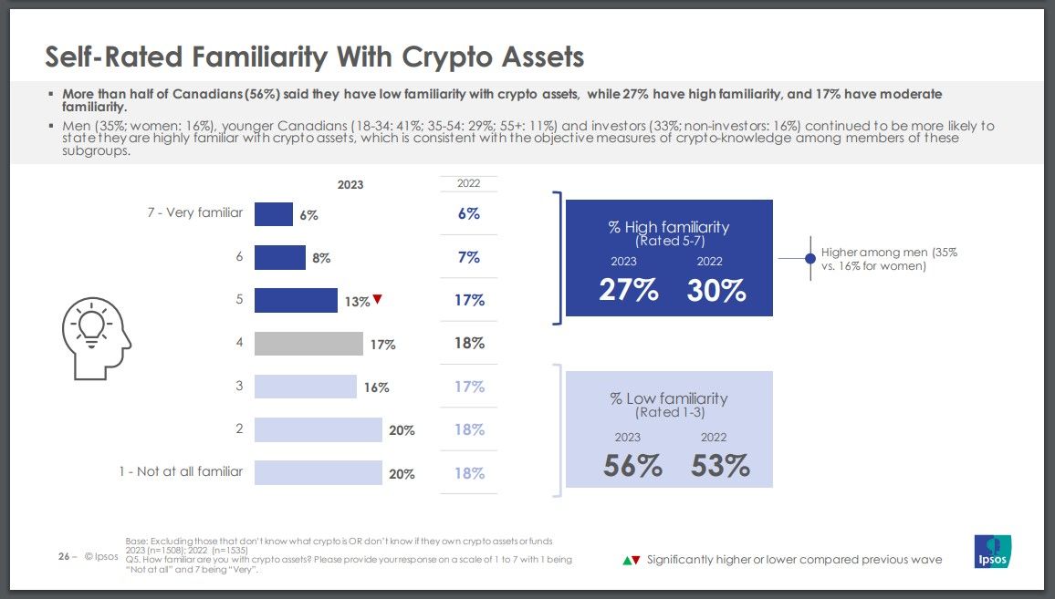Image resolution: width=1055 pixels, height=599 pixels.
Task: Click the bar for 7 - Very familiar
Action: click(273, 213)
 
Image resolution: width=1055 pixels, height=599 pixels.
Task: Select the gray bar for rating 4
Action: click(308, 344)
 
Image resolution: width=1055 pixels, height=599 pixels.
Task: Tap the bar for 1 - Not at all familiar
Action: click(318, 472)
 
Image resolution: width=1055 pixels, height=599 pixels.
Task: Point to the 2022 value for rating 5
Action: click(469, 300)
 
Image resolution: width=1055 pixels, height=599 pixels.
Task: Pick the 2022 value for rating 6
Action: click(469, 257)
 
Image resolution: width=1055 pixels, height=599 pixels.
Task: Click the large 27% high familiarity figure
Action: click(628, 290)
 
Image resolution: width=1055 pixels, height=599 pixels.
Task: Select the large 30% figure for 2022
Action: click(716, 290)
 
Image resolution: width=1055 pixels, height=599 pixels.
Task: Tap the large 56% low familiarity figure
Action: click(632, 466)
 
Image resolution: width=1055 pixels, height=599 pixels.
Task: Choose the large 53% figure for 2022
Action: click(720, 466)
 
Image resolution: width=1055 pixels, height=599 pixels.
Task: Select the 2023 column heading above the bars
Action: click(350, 184)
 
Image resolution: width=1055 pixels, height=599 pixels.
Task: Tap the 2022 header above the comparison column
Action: click(469, 184)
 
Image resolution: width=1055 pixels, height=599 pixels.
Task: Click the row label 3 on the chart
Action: click(239, 386)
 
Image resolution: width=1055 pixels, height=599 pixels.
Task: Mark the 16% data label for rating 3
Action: click(376, 387)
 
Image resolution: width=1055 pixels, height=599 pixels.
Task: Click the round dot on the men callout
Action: click(810, 259)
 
